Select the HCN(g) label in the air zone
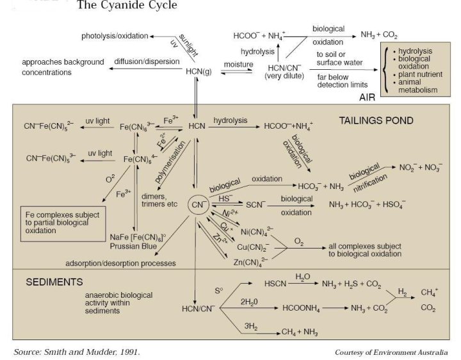(198, 71)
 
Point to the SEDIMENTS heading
(54, 281)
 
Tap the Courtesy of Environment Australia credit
(391, 352)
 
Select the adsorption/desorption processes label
(120, 263)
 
